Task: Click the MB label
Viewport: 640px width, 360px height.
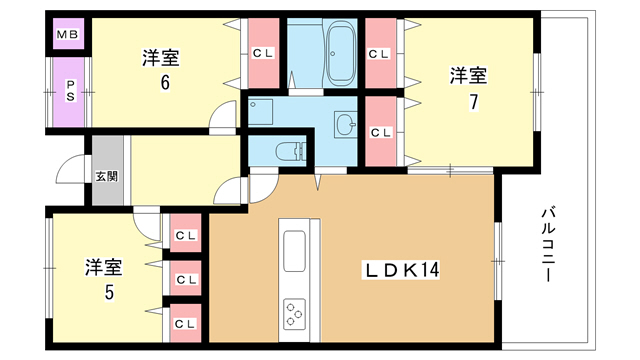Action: [68, 37]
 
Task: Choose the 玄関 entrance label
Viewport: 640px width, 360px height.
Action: [106, 176]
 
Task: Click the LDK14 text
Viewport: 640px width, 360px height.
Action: [401, 270]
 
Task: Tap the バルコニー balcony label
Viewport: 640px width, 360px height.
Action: [549, 243]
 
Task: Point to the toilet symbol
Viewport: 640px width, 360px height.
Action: [289, 153]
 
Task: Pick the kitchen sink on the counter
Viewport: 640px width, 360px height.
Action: [295, 246]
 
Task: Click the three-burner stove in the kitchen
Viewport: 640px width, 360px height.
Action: [295, 313]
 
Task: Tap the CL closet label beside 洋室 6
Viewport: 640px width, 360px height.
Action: [262, 53]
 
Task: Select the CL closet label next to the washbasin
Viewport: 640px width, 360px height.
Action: [381, 131]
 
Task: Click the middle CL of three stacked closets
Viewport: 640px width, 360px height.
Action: [185, 280]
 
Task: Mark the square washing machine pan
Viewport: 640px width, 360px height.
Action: [262, 113]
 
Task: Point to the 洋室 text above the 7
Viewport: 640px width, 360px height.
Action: [468, 74]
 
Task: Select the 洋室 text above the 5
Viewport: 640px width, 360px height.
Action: [103, 267]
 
